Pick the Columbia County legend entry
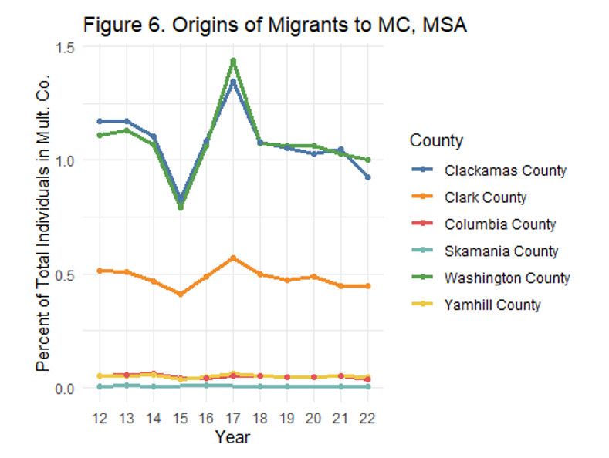click(500, 224)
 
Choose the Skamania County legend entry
click(501, 251)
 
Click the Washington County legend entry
click(507, 278)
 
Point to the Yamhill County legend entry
click(492, 305)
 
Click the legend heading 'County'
click(436, 140)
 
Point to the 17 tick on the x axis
click(233, 417)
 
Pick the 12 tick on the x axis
click(100, 417)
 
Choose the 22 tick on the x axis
click(367, 417)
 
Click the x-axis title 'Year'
click(233, 437)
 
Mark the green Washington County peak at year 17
click(233, 61)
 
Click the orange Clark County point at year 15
click(180, 294)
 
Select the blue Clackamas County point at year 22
click(367, 177)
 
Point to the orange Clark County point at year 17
click(233, 258)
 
